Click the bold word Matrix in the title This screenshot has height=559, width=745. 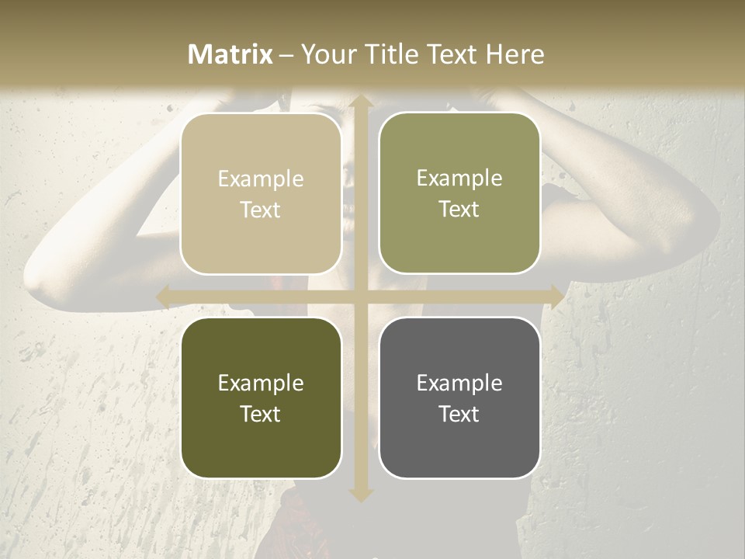pyautogui.click(x=230, y=54)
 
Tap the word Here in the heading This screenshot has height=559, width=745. pyautogui.click(x=515, y=54)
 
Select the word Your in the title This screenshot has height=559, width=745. pyautogui.click(x=327, y=54)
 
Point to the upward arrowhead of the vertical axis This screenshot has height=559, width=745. pyautogui.click(x=360, y=101)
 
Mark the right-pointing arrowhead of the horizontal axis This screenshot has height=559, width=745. pyautogui.click(x=556, y=297)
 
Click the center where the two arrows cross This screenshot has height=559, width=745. pyautogui.click(x=360, y=297)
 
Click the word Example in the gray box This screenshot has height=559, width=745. pyautogui.click(x=459, y=383)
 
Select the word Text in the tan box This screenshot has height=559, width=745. pyautogui.click(x=261, y=210)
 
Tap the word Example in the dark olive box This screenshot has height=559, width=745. pyautogui.click(x=261, y=383)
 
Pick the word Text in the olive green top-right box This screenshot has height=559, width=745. pyautogui.click(x=459, y=210)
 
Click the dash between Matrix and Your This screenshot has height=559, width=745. pyautogui.click(x=286, y=55)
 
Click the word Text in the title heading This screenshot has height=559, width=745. pyautogui.click(x=450, y=54)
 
